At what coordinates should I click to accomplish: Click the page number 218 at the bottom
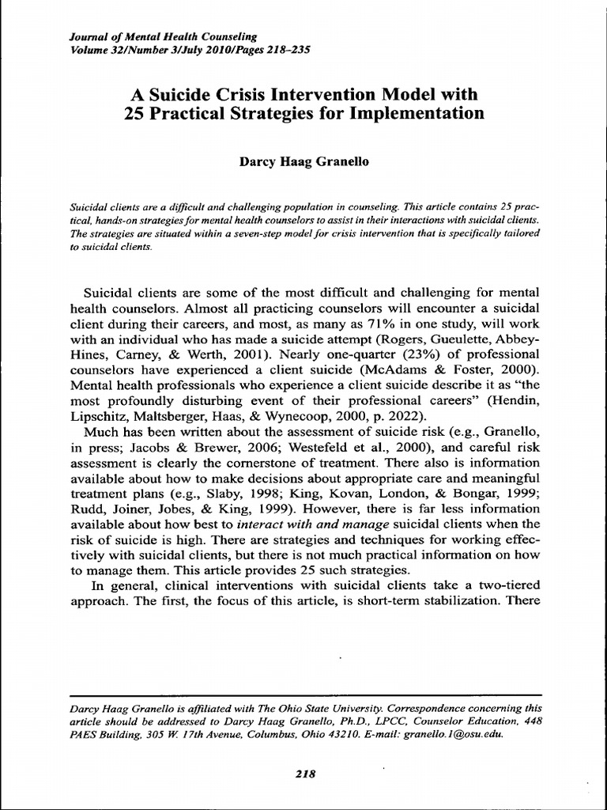pos(304,774)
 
